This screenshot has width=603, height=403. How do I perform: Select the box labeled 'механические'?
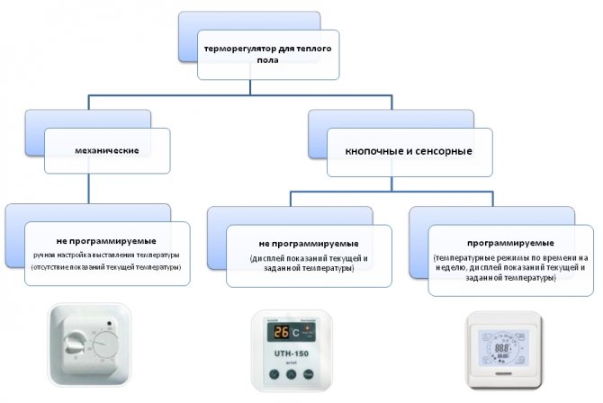(x=109, y=149)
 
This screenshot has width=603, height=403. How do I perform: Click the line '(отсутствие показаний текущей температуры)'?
(x=107, y=268)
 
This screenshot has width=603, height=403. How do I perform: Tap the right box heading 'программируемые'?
(x=510, y=244)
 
